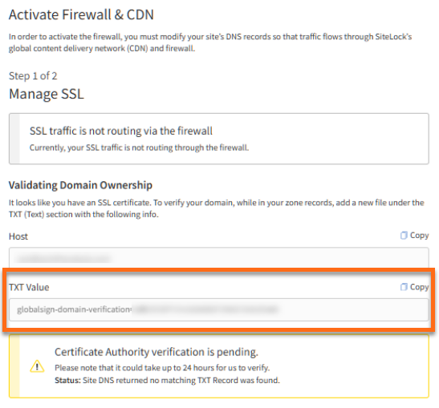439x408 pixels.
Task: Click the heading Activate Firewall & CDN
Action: [x=81, y=14]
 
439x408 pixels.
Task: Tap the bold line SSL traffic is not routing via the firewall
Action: [x=120, y=131]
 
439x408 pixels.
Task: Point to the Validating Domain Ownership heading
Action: [x=80, y=185]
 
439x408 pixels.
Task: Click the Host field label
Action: [x=18, y=236]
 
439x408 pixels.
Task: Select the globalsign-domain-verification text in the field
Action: [x=73, y=309]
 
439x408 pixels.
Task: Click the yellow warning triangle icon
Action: [x=37, y=366]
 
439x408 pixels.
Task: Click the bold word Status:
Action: [x=68, y=380]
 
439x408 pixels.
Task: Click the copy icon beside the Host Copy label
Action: [x=404, y=236]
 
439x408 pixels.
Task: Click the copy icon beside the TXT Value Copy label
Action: [x=404, y=287]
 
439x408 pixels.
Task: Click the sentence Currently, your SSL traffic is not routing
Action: [x=139, y=147]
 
